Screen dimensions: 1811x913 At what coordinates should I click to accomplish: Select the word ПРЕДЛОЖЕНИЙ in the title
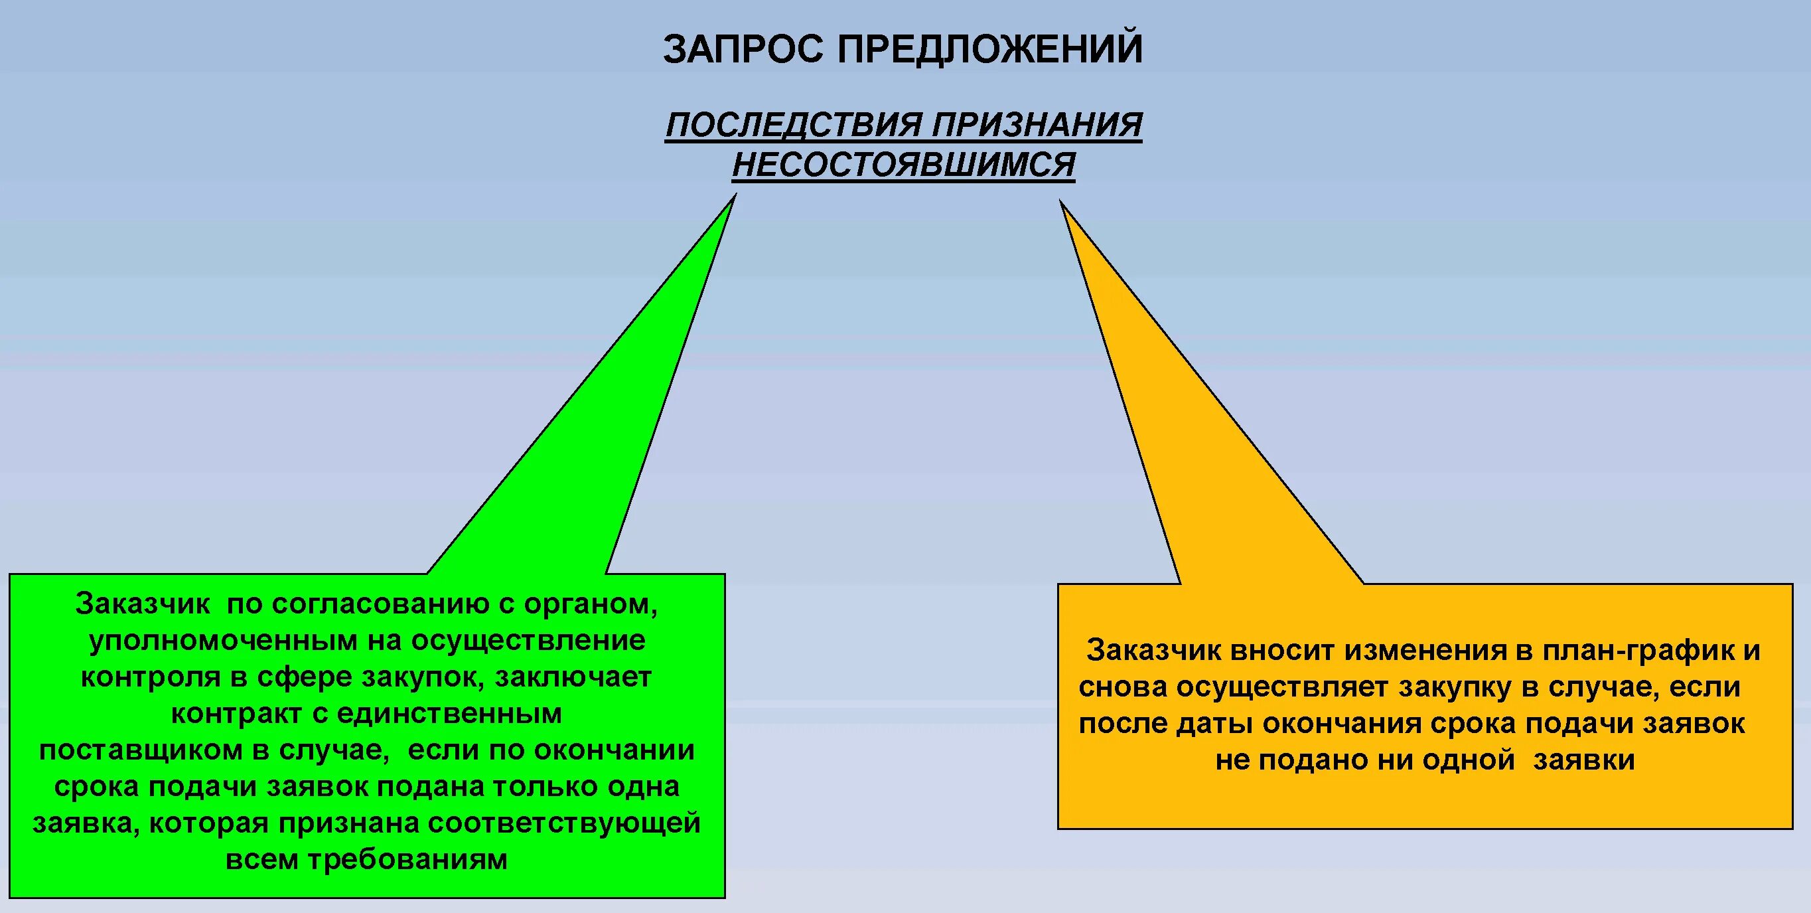pyautogui.click(x=990, y=48)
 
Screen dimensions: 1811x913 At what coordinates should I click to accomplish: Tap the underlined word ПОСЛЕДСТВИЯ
pyautogui.click(x=794, y=125)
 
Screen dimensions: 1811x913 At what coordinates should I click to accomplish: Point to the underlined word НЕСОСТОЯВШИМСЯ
pyautogui.click(x=903, y=165)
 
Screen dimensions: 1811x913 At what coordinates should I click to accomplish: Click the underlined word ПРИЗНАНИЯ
pyautogui.click(x=1037, y=125)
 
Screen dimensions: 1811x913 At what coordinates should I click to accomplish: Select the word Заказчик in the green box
pyautogui.click(x=143, y=604)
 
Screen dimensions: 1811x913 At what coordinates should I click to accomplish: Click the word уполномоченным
pyautogui.click(x=224, y=640)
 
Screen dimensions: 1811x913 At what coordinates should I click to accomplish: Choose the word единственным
pyautogui.click(x=449, y=713)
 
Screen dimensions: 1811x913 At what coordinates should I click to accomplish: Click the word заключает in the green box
pyautogui.click(x=573, y=677)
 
